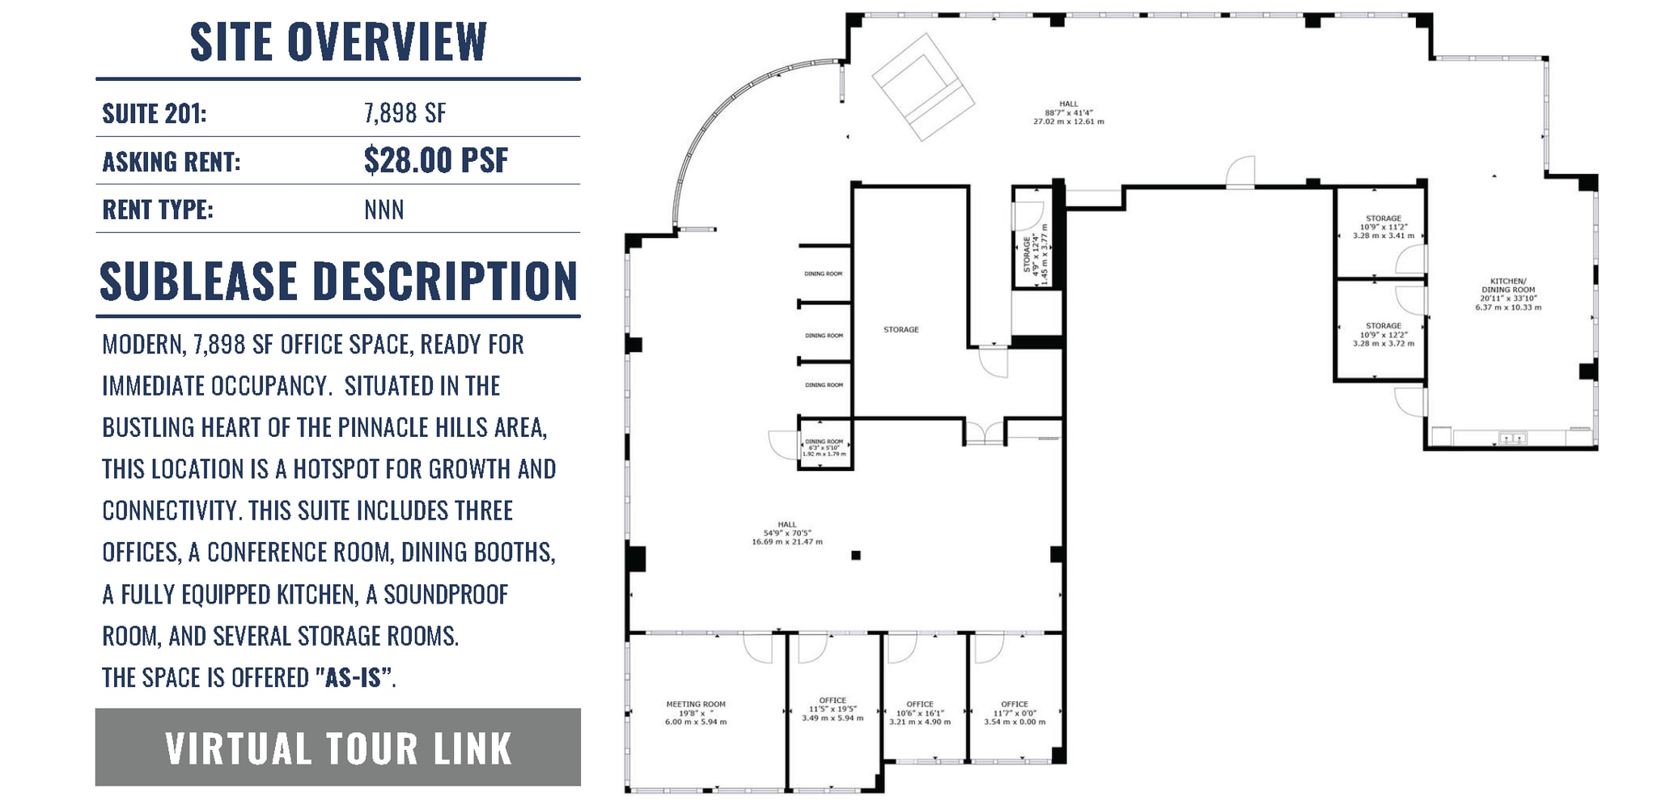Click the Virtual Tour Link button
click(337, 748)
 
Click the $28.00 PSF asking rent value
click(435, 160)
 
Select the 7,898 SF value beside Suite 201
click(405, 113)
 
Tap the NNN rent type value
click(384, 210)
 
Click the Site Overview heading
click(338, 42)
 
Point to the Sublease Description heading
click(338, 282)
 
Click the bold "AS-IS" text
click(353, 677)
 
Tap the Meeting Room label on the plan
click(696, 713)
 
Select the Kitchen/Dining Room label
click(1508, 294)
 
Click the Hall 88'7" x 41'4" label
click(1068, 112)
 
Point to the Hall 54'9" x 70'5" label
click(786, 533)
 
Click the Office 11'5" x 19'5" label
click(832, 709)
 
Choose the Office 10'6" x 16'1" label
click(920, 713)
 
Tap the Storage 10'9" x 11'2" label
click(1383, 227)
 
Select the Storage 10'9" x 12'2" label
click(1383, 334)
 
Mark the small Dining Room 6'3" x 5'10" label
click(824, 447)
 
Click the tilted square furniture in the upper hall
click(922, 87)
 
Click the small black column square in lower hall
click(855, 555)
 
